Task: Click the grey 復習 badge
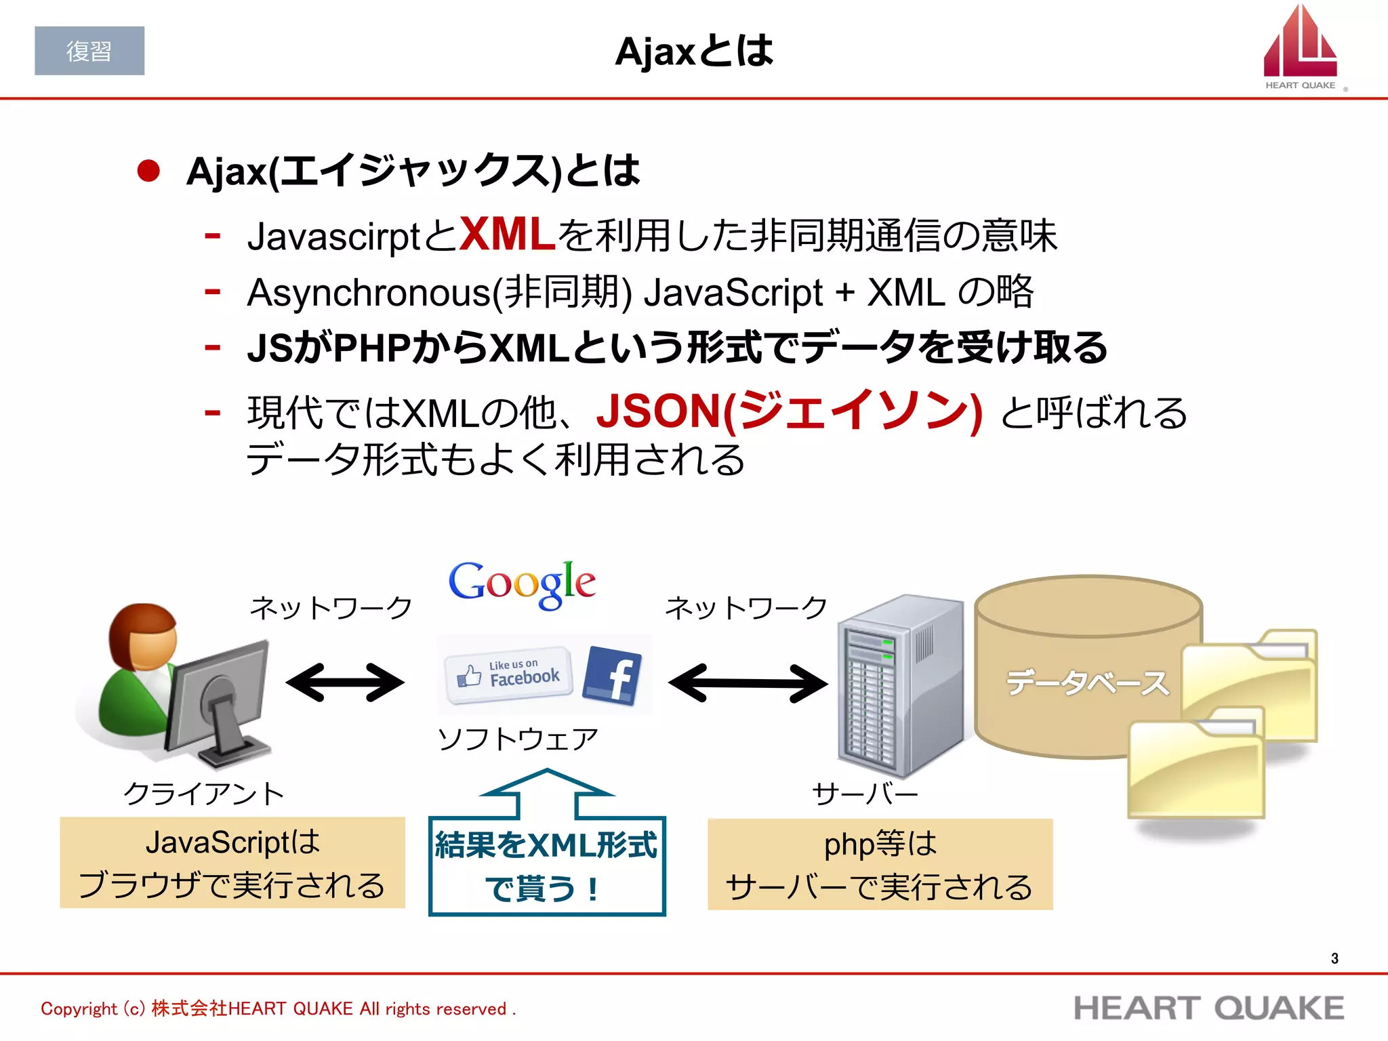coord(89,51)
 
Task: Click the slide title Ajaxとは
coord(693,52)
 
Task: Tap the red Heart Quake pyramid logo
coord(1299,44)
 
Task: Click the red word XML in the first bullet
coord(508,235)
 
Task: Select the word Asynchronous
coord(369,293)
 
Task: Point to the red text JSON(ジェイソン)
coord(789,411)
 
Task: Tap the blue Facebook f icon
coord(612,675)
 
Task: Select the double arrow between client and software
coord(345,682)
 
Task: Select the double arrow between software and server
coord(748,682)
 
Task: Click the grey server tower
coord(898,685)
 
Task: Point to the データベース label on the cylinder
coord(1087,682)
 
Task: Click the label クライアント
coord(204,794)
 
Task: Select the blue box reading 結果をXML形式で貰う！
coord(547,865)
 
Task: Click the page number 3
coord(1334,958)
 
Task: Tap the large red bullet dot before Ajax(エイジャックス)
coord(148,171)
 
